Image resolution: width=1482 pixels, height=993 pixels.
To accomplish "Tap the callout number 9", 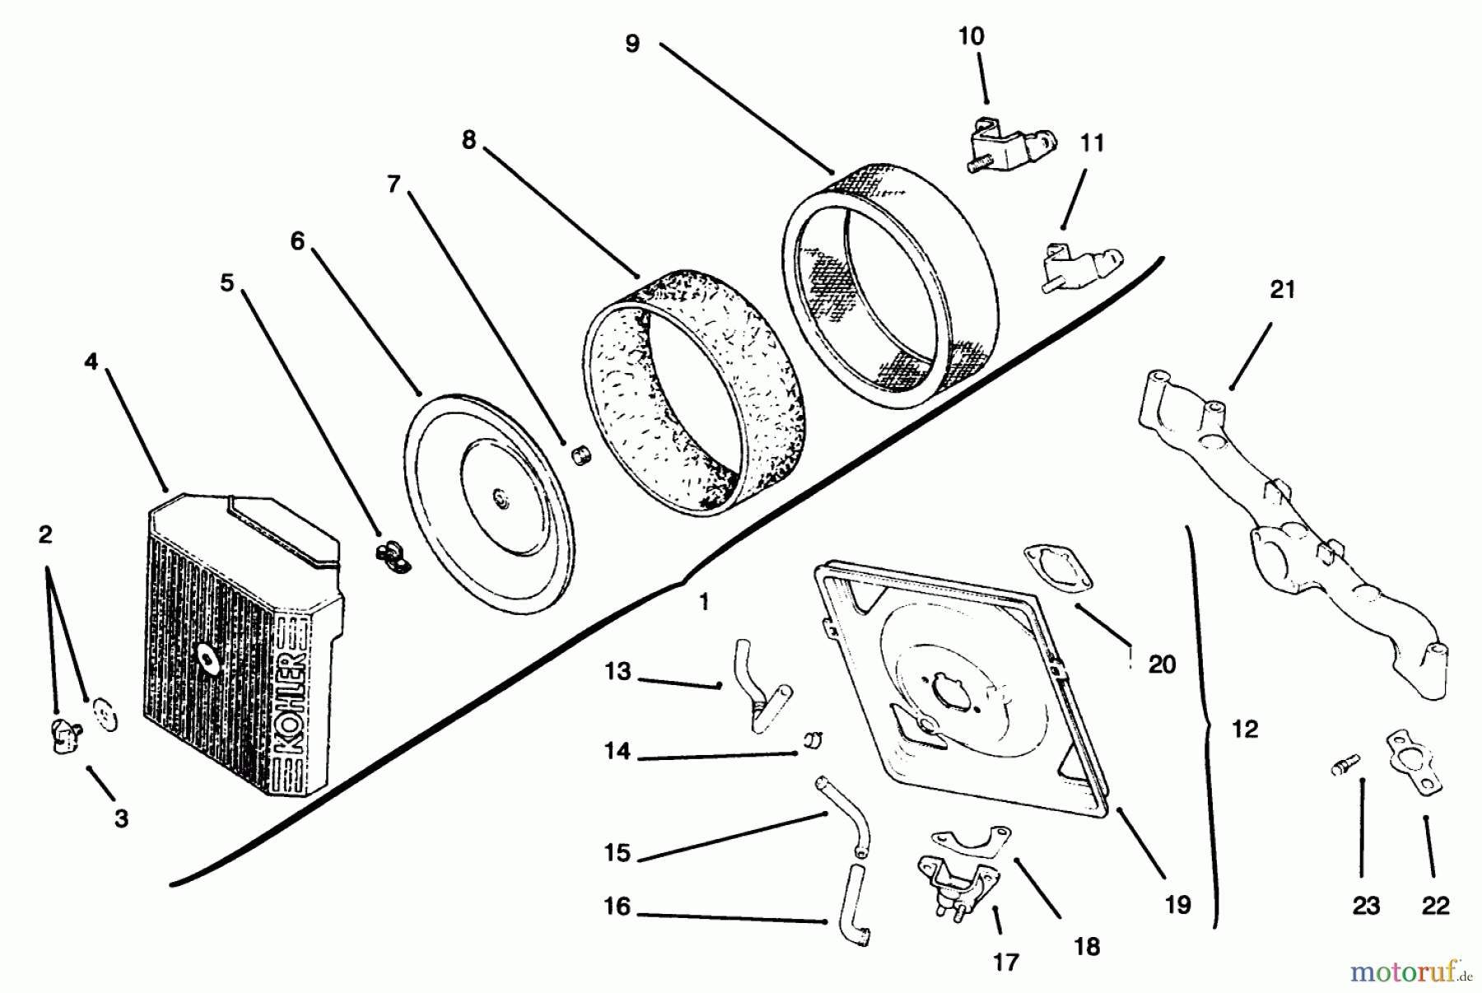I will pyautogui.click(x=632, y=43).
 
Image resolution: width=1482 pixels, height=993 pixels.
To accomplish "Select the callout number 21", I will pyautogui.click(x=1283, y=290).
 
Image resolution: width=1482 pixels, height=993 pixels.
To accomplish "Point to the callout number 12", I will pyautogui.click(x=1245, y=729).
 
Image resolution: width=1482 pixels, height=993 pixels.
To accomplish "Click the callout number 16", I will pyautogui.click(x=617, y=907).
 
